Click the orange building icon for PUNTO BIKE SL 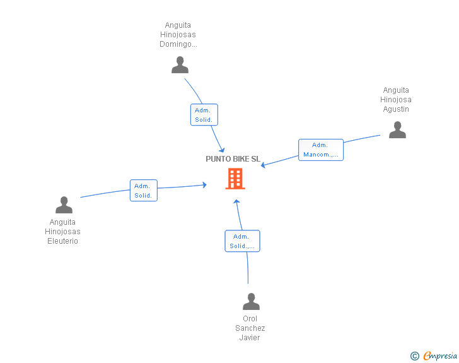[x=235, y=179]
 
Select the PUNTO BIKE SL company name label [x=233, y=159]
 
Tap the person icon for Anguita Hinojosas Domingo [x=180, y=65]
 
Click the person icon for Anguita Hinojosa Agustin [x=397, y=129]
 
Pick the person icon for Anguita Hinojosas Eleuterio [x=64, y=205]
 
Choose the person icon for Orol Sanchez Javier [x=251, y=301]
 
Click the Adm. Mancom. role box [x=321, y=150]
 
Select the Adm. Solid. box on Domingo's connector [x=204, y=115]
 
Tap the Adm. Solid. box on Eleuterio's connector [x=144, y=190]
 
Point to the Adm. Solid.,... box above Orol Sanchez [x=242, y=241]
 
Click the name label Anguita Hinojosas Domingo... [x=178, y=35]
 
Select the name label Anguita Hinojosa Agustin [x=396, y=100]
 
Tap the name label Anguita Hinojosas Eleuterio [x=62, y=232]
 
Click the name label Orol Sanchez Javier [x=250, y=328]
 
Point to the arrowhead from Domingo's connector [x=222, y=150]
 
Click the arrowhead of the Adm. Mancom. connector [x=263, y=165]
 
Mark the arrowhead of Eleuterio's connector [x=204, y=185]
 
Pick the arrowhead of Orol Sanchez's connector [x=237, y=202]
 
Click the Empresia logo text [x=440, y=356]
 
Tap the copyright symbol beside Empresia [x=415, y=356]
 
